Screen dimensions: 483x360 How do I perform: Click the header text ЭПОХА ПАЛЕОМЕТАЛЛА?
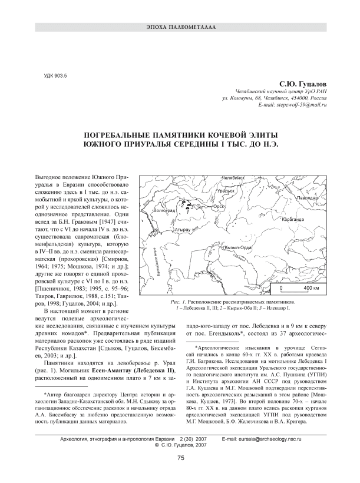180,28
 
